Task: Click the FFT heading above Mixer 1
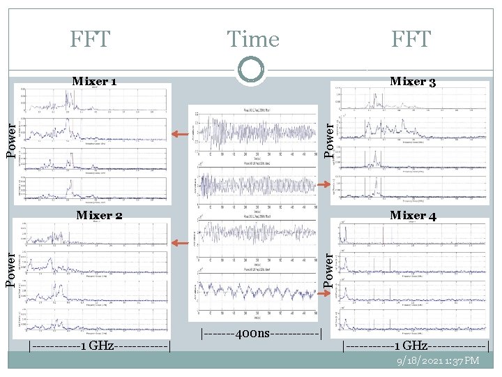[x=90, y=40]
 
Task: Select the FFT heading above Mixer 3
[x=411, y=40]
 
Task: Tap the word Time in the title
[x=252, y=40]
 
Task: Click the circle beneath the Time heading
[x=251, y=70]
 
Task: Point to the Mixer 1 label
[x=94, y=82]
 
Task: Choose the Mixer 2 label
[x=99, y=215]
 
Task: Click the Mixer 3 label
[x=413, y=82]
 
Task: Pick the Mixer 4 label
[x=413, y=215]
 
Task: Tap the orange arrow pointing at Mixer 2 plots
[x=181, y=243]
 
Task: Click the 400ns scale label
[x=261, y=334]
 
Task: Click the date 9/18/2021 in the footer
[x=418, y=360]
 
